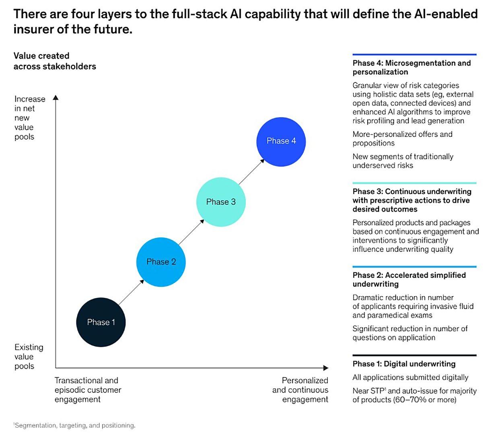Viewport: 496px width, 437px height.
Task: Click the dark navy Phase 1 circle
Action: (x=101, y=322)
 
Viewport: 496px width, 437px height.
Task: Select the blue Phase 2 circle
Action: (x=161, y=262)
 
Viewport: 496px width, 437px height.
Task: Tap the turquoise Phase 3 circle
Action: (x=221, y=202)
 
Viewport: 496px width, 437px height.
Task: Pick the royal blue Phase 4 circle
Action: (x=281, y=141)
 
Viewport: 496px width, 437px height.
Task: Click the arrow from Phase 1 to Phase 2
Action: (x=131, y=292)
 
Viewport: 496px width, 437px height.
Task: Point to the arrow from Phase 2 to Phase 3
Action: (x=191, y=232)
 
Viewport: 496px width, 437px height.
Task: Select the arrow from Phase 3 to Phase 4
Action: (x=251, y=172)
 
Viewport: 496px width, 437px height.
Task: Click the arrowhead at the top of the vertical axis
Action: (x=56, y=97)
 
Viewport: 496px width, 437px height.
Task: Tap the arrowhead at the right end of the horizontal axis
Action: (x=326, y=368)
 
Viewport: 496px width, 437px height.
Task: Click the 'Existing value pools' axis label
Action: (x=29, y=357)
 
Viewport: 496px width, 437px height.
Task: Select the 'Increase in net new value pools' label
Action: (x=29, y=117)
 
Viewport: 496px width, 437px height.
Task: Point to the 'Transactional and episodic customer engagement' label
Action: (x=88, y=390)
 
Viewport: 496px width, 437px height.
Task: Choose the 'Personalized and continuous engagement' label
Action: (x=300, y=390)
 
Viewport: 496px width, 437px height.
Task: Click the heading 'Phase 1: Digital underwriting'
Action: (x=404, y=364)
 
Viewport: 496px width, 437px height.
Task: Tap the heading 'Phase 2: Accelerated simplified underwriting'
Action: (x=409, y=279)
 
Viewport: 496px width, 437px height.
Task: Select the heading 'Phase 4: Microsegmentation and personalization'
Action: (x=411, y=67)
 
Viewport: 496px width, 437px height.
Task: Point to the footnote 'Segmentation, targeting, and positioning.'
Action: (x=75, y=425)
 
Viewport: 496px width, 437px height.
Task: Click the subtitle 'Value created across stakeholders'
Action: (x=55, y=61)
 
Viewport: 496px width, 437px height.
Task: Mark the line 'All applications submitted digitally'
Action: (x=410, y=377)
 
